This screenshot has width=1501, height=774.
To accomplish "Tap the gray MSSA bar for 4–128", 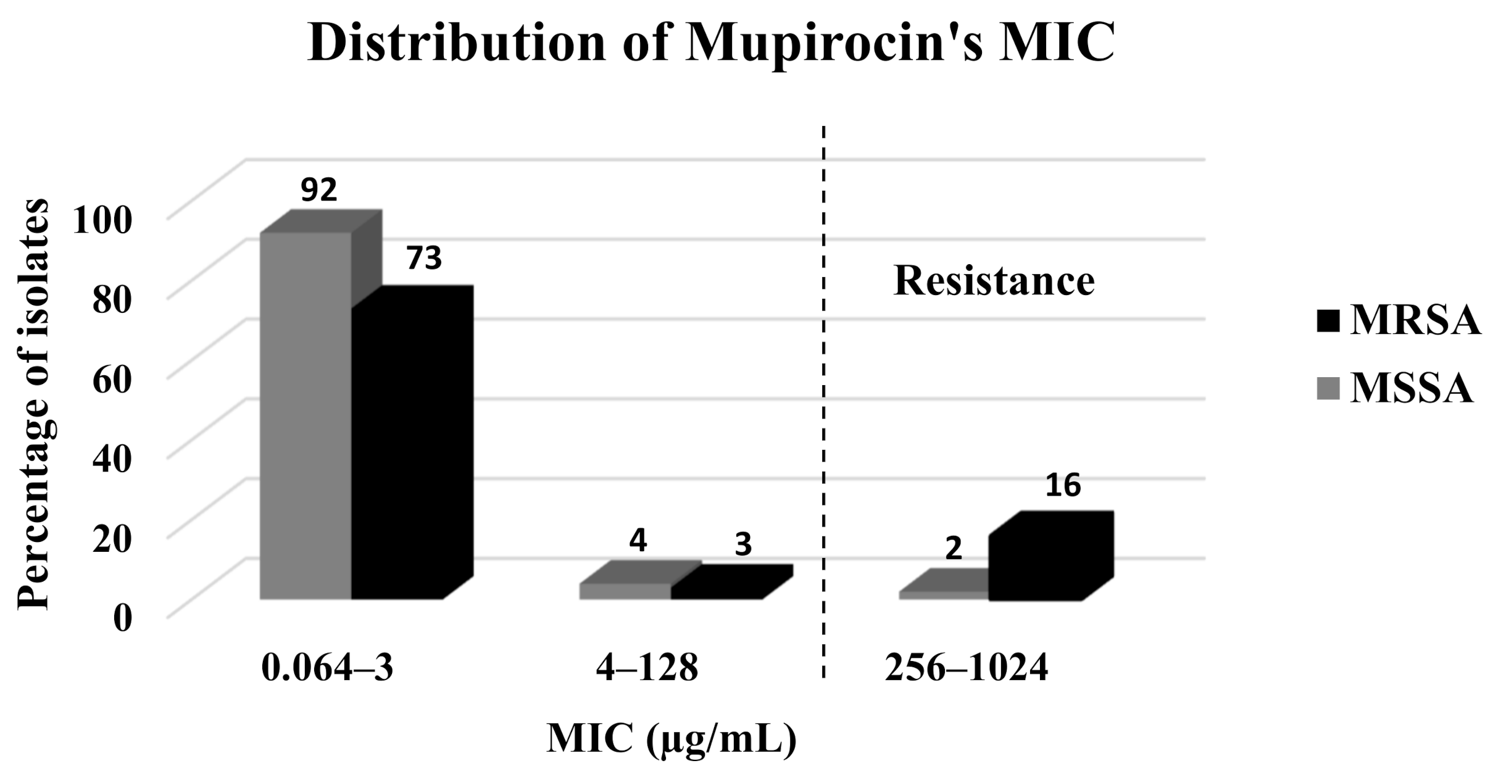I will [x=625, y=591].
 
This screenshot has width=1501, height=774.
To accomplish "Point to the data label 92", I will [x=318, y=190].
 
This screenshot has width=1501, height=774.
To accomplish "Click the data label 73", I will [x=423, y=258].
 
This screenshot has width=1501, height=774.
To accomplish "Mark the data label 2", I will [x=954, y=548].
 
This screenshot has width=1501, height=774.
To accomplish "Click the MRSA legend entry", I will [x=1399, y=321].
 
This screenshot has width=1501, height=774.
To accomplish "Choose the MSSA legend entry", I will [x=1399, y=389].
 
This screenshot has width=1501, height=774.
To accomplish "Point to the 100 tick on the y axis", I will [x=102, y=220].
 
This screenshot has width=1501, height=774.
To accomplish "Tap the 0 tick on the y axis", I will [x=122, y=618].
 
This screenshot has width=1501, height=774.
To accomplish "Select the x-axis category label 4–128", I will [x=647, y=668].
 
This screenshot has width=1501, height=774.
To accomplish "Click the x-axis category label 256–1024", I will [x=967, y=668].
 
